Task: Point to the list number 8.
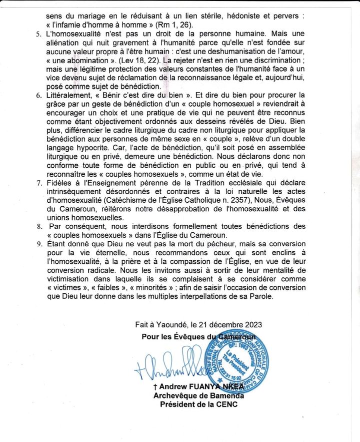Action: coord(38,227)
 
